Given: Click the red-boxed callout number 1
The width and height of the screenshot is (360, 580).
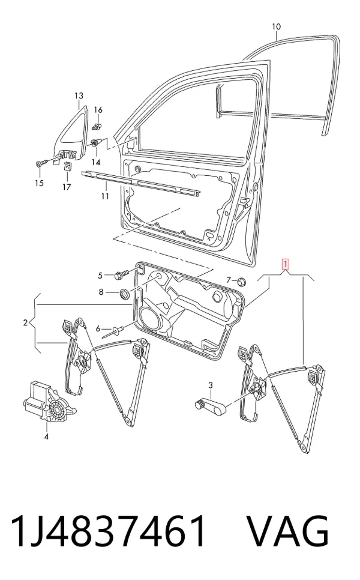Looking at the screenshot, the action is [285, 264].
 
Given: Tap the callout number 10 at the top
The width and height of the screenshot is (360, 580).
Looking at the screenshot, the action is [276, 26].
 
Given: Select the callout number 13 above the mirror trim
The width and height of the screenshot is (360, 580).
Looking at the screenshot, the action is [79, 96].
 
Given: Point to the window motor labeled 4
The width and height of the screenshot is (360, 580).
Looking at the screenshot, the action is [49, 403].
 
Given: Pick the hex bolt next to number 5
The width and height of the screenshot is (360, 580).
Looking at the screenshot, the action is [121, 275].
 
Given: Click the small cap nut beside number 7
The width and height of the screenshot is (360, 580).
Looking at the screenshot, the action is [241, 281].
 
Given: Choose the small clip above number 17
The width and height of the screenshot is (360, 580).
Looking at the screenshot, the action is [68, 166].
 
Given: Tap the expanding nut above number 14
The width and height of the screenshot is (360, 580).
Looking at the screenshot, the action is [96, 142].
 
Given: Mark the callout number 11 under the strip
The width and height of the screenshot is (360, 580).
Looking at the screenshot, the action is [106, 196].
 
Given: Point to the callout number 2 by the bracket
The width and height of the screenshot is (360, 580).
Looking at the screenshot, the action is [25, 323].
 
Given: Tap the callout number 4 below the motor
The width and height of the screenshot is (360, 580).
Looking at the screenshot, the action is [46, 437].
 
